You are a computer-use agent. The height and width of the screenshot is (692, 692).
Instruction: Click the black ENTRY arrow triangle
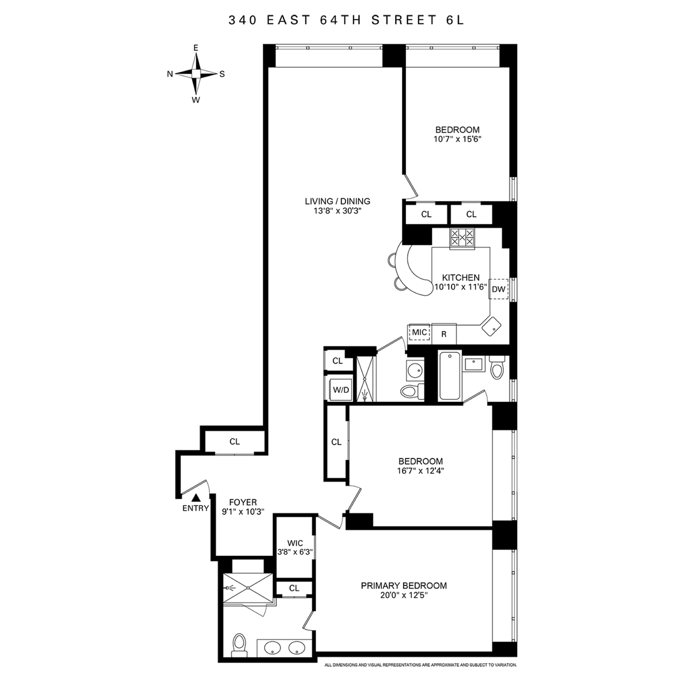[195, 498]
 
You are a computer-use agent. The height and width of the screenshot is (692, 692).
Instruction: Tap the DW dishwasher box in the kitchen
[498, 289]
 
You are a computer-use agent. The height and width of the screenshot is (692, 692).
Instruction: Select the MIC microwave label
[419, 332]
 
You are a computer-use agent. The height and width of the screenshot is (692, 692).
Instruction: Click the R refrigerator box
[444, 334]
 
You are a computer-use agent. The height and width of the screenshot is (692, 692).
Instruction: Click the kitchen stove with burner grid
[462, 238]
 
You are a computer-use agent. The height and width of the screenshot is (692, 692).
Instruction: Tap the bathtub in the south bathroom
[449, 375]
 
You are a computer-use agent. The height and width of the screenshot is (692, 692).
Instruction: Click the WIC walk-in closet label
[295, 543]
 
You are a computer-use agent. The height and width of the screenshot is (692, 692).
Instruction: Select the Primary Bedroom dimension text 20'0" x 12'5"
[404, 595]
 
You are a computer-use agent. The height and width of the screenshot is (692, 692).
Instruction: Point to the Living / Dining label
[337, 201]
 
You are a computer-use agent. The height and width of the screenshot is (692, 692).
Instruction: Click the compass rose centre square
[195, 74]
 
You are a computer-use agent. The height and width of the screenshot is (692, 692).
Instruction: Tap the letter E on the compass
[195, 48]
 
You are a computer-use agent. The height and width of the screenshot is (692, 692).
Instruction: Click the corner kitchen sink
[491, 326]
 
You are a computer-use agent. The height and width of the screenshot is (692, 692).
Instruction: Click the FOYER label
[243, 502]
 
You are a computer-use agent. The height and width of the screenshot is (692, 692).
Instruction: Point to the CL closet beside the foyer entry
[235, 442]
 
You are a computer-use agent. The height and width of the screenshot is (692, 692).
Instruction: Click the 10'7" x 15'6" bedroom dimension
[457, 139]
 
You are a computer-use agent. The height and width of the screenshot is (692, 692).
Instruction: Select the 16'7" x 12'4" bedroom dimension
[420, 471]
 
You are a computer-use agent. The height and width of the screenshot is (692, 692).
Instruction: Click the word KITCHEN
[461, 277]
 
